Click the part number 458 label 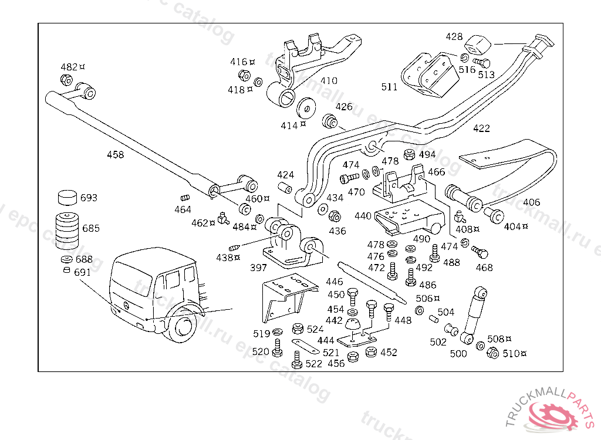click(115, 155)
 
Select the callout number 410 click(329, 81)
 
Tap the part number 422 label click(481, 128)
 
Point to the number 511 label click(389, 87)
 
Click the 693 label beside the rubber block click(89, 198)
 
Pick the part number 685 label click(91, 228)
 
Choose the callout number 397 click(258, 268)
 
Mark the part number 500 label click(458, 353)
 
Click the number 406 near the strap click(531, 202)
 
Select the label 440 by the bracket click(363, 216)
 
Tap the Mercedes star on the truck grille click(119, 309)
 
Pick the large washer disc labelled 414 click(305, 109)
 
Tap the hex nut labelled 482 click(66, 80)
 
